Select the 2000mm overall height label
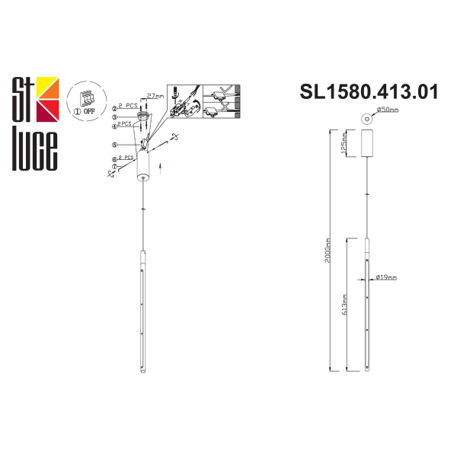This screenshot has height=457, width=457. pyautogui.click(x=327, y=248)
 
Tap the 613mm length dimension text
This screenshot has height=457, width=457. pyautogui.click(x=345, y=305)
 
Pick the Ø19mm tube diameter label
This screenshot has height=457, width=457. pyautogui.click(x=386, y=278)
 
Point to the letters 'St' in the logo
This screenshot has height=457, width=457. pyautogui.click(x=23, y=93)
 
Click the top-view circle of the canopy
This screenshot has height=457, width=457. pyautogui.click(x=367, y=118)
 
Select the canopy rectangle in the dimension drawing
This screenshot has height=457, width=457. pyautogui.click(x=366, y=143)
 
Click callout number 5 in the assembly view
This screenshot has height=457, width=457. pyautogui.click(x=114, y=144)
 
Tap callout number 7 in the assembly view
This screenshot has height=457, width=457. pyautogui.click(x=114, y=165)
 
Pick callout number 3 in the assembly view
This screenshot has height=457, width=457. pyautogui.click(x=114, y=118)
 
